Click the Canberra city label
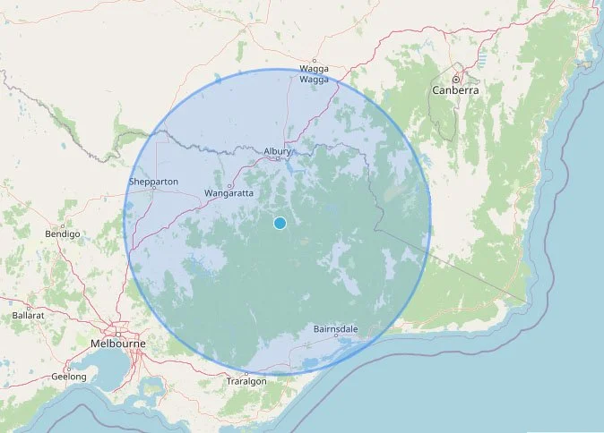point(455,90)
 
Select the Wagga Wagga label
point(314,73)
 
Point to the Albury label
point(278,151)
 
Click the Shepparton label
point(154,182)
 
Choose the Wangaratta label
point(229,192)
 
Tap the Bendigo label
point(63,233)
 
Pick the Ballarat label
point(29,315)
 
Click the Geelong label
point(69,377)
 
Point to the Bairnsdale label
point(336,329)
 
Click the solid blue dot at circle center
point(280,223)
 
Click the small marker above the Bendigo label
point(64,224)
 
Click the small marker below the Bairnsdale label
point(336,338)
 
